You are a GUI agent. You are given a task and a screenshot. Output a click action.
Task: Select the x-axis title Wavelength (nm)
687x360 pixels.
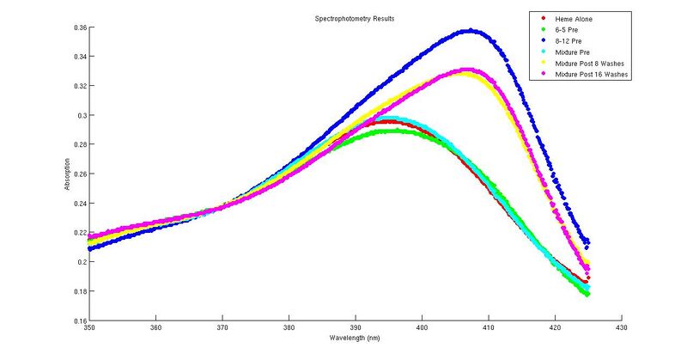point(355,338)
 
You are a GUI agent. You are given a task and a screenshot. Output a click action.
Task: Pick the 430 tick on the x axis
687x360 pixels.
point(621,327)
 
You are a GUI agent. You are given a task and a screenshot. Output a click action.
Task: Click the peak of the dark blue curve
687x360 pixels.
point(470,31)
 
